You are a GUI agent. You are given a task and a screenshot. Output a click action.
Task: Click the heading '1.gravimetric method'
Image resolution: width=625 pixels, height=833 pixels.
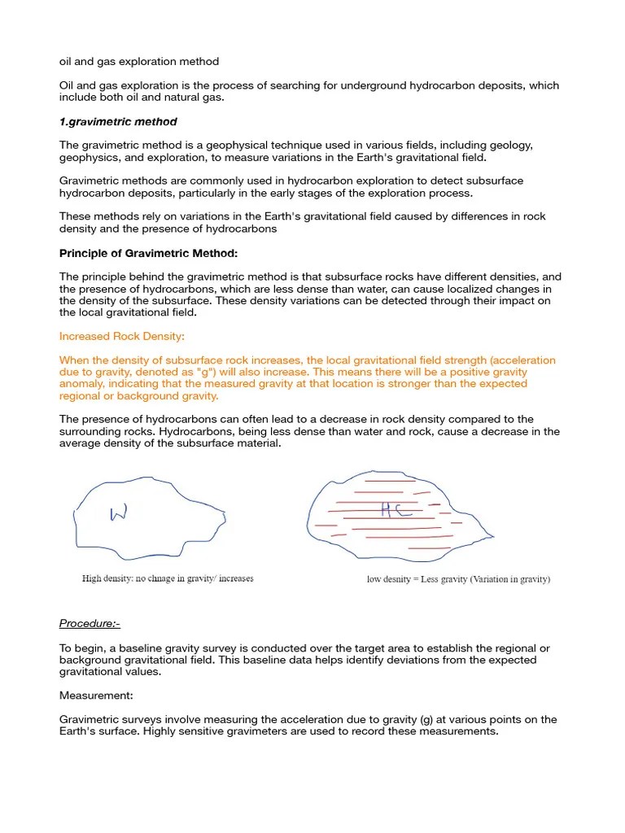(118, 122)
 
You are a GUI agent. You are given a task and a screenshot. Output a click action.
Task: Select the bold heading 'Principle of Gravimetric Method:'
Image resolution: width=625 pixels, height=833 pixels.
(148, 253)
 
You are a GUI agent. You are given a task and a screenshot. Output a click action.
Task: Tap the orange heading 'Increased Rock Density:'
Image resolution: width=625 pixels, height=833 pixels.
(121, 336)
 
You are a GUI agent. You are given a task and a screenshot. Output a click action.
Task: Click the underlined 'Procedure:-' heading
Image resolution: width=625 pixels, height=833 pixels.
(90, 624)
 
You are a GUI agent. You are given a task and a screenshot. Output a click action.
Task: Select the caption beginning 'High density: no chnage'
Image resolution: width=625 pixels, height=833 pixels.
(168, 579)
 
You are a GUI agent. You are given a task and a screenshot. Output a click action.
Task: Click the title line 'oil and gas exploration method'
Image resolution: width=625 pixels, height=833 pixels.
(139, 62)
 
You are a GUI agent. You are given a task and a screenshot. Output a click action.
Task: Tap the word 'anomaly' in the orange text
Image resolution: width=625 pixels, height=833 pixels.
(81, 384)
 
